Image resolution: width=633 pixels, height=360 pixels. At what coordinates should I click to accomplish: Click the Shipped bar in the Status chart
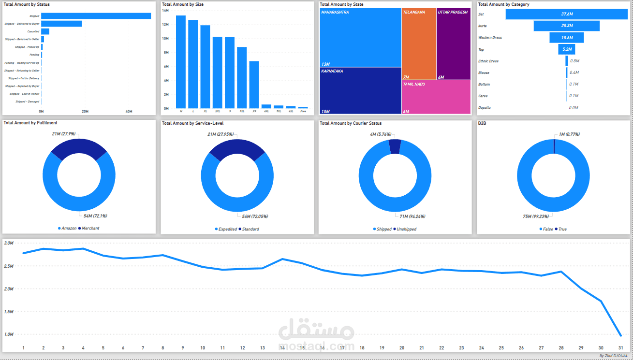pos(96,16)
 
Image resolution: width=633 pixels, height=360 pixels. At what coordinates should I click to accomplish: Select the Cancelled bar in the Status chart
pos(45,31)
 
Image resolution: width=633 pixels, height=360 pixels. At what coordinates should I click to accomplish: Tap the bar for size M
pos(181,62)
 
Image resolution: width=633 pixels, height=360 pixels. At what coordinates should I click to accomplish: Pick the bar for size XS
pos(254,85)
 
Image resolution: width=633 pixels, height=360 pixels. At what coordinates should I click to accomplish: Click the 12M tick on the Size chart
pos(165,24)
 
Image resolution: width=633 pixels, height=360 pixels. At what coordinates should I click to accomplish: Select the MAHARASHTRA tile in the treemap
pos(360,38)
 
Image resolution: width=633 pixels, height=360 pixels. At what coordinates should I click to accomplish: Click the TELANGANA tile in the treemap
pos(419,43)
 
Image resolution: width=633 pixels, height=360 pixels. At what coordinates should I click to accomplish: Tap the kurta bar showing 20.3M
pos(567,26)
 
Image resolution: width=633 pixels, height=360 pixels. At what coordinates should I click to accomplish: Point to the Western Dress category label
pos(490,38)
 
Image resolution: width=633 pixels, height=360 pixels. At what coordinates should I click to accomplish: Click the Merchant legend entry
pos(90,228)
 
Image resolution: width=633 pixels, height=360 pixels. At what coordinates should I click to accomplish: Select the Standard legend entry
pos(250,229)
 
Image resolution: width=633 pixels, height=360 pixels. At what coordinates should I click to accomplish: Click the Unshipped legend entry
pos(406,229)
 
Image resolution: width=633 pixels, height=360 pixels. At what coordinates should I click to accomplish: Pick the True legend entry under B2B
pos(562,229)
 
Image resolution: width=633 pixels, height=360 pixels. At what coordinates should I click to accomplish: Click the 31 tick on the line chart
pos(620,347)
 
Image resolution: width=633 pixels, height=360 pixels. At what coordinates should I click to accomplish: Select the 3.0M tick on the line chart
pos(8,243)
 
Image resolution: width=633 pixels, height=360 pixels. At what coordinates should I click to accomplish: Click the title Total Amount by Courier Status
pos(351,123)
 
